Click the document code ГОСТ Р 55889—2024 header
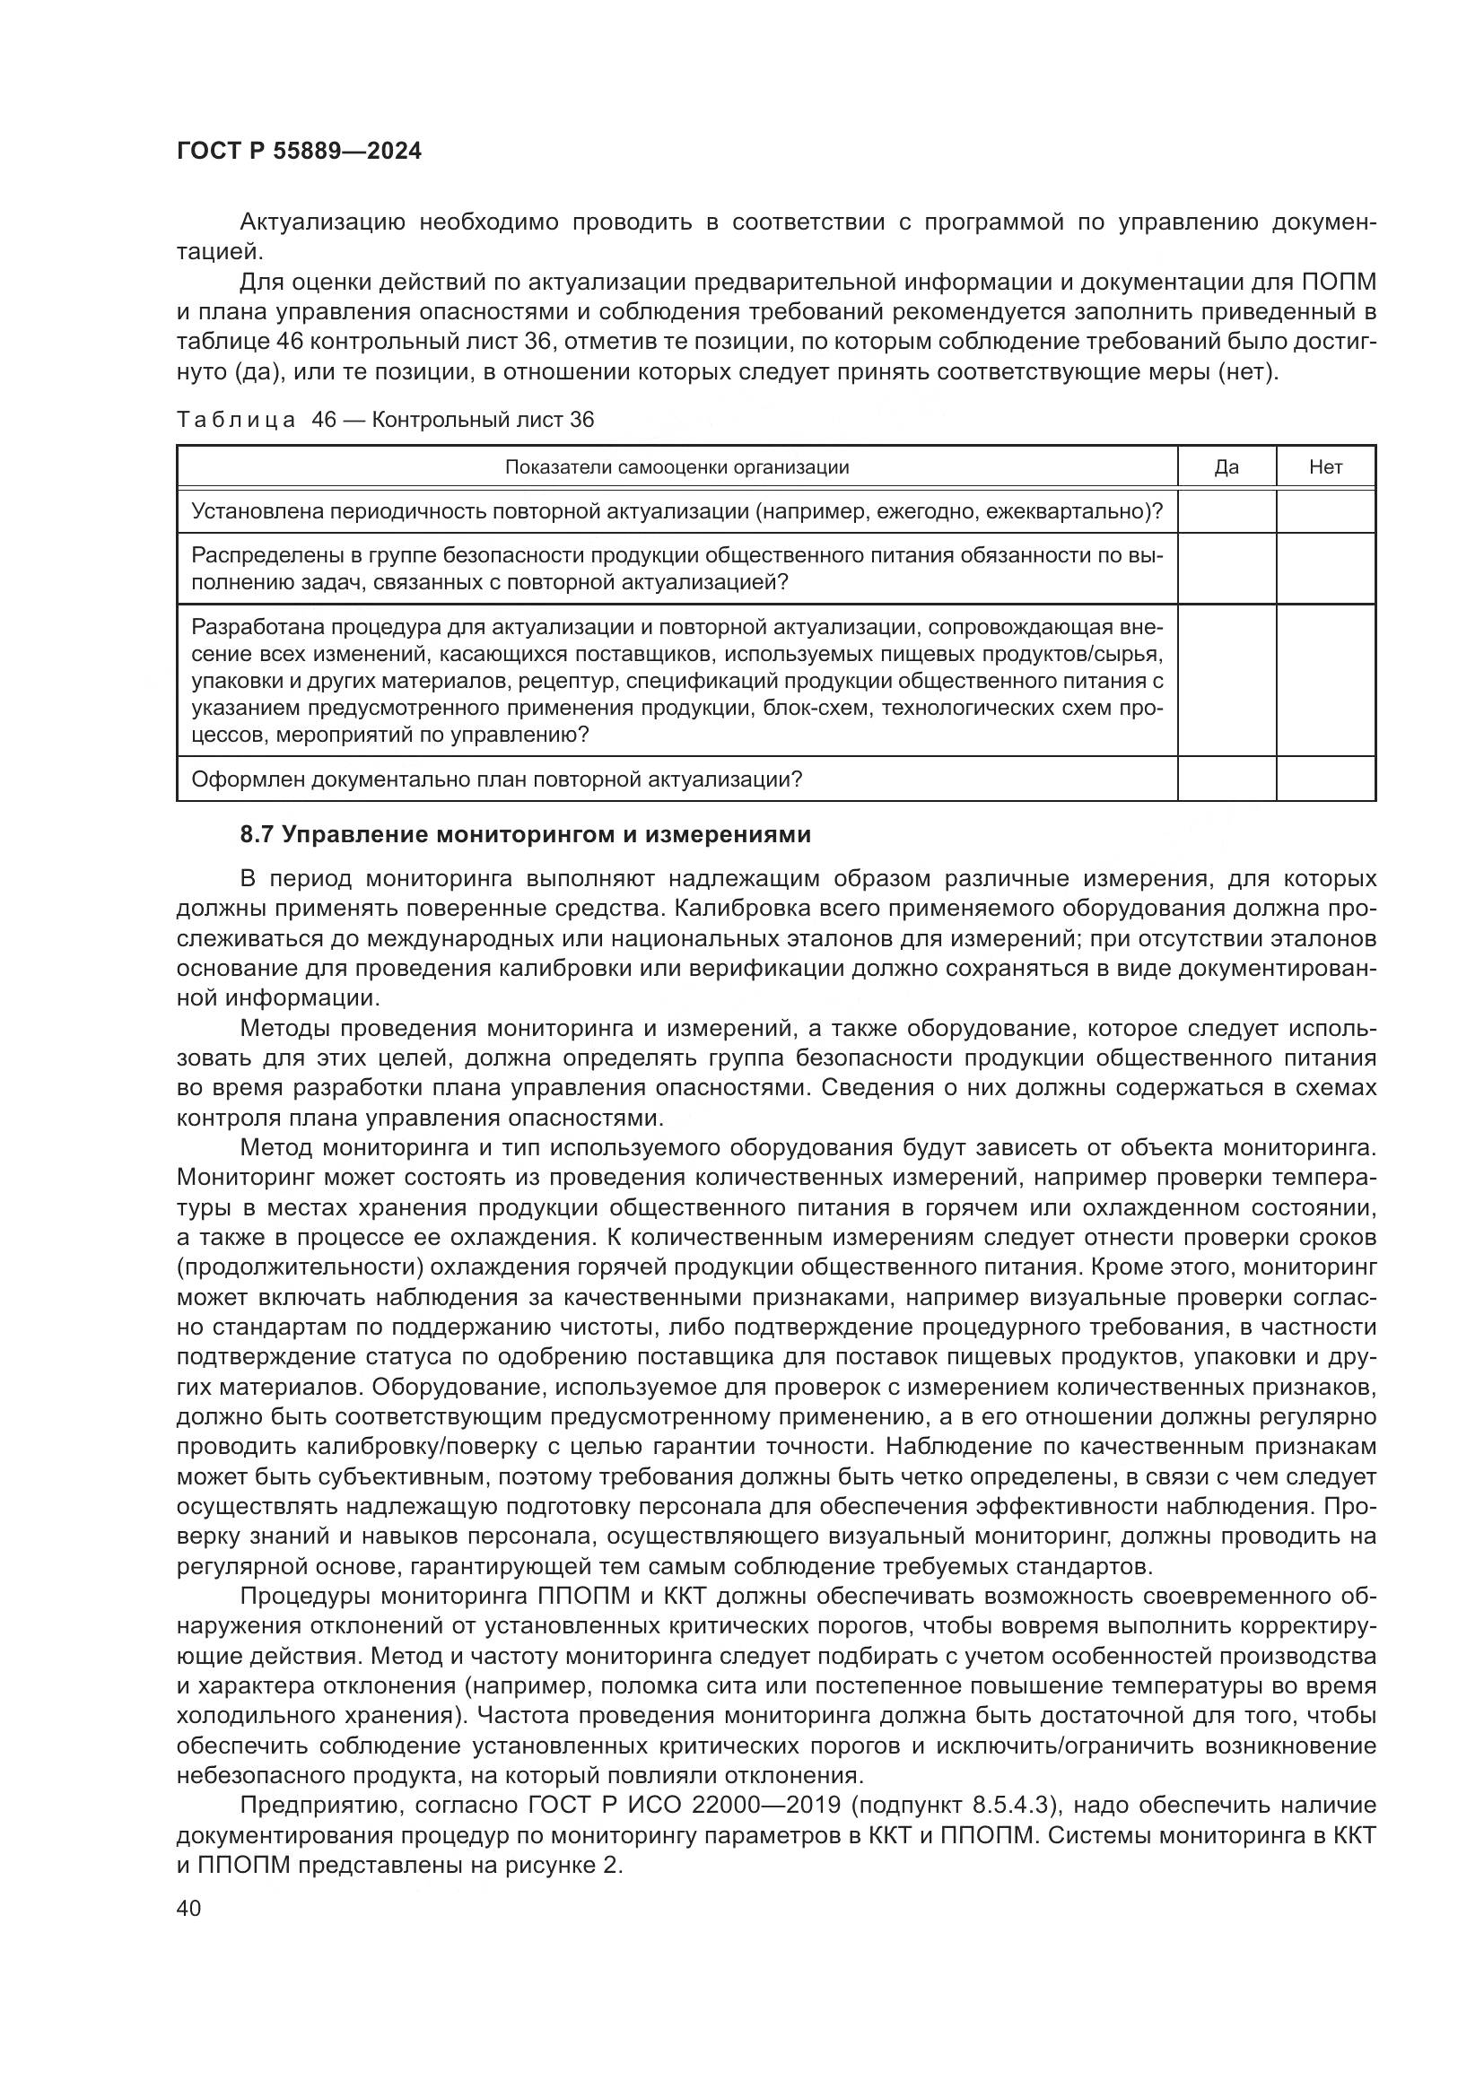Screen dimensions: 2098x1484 pos(299,152)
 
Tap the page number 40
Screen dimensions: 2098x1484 pos(189,1908)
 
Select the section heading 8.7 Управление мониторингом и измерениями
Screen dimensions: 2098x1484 pos(525,834)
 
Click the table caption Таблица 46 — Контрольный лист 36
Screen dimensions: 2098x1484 pos(385,420)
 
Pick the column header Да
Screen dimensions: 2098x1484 pos(1226,467)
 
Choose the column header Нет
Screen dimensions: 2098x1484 pos(1325,467)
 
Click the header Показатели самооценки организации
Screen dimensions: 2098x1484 pos(677,467)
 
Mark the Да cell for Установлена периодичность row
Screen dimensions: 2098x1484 pos(1226,510)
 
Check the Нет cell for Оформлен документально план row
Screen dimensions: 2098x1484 pos(1325,779)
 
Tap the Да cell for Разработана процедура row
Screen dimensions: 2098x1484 pos(1226,680)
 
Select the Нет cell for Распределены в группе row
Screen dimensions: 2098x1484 pos(1325,569)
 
